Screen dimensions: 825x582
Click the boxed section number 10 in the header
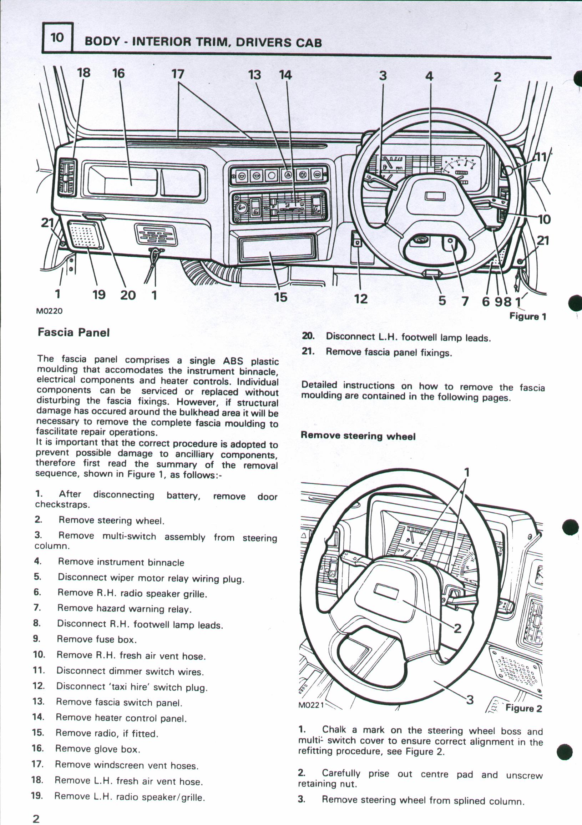(57, 37)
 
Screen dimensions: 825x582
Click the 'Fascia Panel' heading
(74, 332)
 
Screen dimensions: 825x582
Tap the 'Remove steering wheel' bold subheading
(358, 436)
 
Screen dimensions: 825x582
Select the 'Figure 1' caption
(528, 316)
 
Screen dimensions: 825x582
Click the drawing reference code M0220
(49, 311)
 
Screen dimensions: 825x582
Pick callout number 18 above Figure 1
(84, 73)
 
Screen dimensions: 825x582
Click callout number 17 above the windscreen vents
(177, 74)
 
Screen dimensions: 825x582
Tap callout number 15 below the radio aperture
(280, 297)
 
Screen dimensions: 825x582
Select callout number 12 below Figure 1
(361, 298)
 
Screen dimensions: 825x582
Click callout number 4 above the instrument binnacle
(429, 76)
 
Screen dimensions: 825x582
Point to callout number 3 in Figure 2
(470, 700)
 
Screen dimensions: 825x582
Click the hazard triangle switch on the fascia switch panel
(286, 175)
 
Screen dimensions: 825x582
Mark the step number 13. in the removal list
(38, 701)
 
